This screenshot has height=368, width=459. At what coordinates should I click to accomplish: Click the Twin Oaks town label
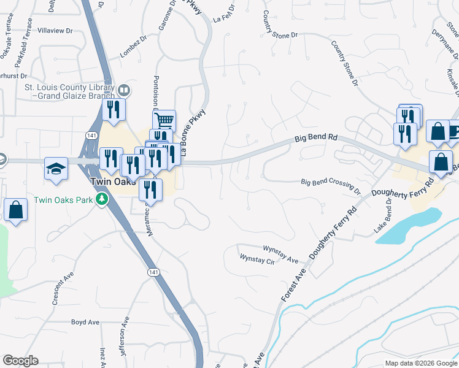110,182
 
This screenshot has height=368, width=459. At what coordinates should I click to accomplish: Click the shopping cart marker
164,121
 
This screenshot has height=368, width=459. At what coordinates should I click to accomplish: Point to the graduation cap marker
56,169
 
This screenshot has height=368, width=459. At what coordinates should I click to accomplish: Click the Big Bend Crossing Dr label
330,183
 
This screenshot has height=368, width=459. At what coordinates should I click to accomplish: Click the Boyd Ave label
85,322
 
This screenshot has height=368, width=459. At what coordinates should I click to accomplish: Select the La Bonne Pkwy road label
192,132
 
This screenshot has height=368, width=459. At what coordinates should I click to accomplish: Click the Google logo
21,361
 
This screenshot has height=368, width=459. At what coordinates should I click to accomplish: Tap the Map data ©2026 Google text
420,363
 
